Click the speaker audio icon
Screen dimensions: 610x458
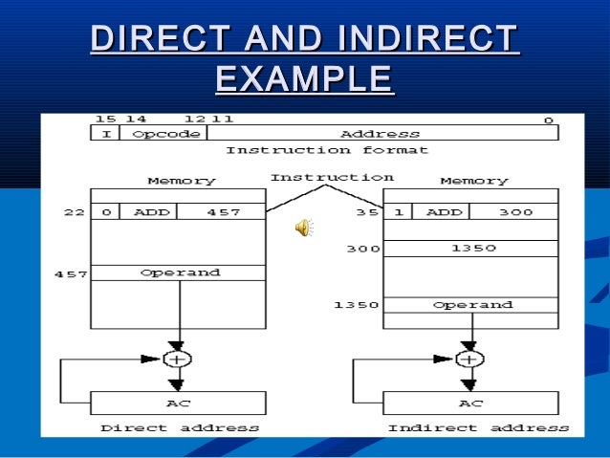[304, 227]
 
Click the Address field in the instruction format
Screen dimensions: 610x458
[380, 134]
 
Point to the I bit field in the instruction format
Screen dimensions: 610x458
[105, 134]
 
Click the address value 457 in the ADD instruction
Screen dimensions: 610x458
[224, 212]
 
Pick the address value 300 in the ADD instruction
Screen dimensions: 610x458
[515, 212]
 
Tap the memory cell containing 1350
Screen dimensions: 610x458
[472, 249]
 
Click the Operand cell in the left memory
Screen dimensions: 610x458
[180, 273]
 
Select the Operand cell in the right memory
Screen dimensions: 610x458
[472, 305]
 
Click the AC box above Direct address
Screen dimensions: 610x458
[179, 403]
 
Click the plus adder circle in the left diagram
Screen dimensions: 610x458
[176, 359]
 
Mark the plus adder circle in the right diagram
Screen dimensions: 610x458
[468, 359]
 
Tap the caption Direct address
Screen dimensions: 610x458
[180, 427]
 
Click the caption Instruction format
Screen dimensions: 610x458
[327, 150]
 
